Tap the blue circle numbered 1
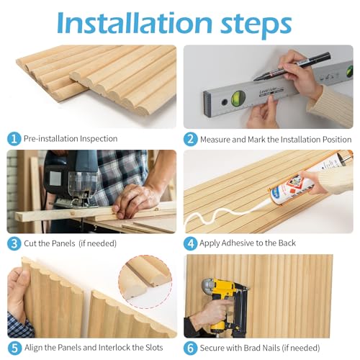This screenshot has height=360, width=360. [x=14, y=138]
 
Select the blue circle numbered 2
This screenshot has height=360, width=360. [x=191, y=138]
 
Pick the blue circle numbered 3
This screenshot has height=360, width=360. [x=14, y=243]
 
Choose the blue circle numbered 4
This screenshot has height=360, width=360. [x=191, y=243]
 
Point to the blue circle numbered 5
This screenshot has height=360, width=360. [x=14, y=347]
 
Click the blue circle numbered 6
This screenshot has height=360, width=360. [x=191, y=347]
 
